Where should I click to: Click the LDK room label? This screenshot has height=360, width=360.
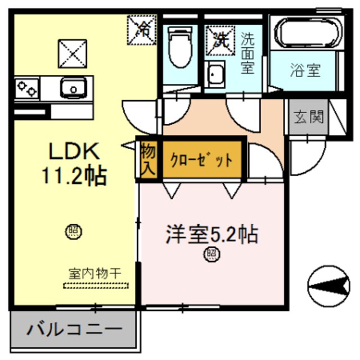[73, 151]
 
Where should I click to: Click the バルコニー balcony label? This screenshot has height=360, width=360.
[73, 328]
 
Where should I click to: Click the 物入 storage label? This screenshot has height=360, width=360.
[147, 159]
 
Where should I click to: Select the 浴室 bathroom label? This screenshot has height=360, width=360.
[305, 70]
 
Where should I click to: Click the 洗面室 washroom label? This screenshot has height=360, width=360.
[247, 54]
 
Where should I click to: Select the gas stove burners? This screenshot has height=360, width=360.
[27, 89]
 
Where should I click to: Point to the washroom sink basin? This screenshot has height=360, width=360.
[215, 75]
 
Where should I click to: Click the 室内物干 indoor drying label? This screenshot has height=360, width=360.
[94, 273]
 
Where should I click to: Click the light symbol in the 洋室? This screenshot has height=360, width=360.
[211, 255]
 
